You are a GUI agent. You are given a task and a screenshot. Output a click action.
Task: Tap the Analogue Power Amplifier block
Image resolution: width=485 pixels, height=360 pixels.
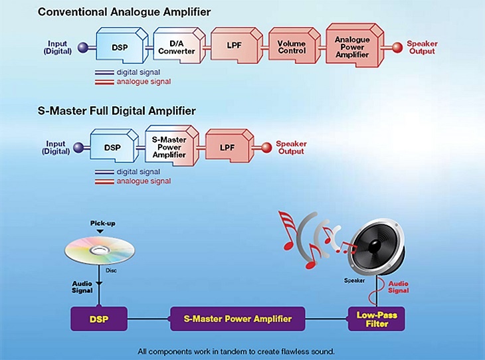pyautogui.click(x=353, y=47)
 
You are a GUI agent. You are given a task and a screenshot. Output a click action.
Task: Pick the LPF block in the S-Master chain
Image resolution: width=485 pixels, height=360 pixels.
pyautogui.click(x=228, y=147)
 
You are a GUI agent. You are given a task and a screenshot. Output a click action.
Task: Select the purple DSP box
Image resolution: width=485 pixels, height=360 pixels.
pyautogui.click(x=100, y=319)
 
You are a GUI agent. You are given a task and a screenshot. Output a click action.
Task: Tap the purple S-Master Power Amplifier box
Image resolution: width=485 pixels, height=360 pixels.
pyautogui.click(x=238, y=319)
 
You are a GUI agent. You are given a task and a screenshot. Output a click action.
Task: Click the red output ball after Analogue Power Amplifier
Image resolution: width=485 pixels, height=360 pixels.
pyautogui.click(x=397, y=47)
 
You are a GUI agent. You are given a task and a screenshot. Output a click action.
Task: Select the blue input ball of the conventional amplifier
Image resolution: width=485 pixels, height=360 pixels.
pyautogui.click(x=82, y=47)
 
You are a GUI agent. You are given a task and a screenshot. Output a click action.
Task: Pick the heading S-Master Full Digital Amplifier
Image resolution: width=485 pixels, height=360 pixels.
pyautogui.click(x=116, y=111)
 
